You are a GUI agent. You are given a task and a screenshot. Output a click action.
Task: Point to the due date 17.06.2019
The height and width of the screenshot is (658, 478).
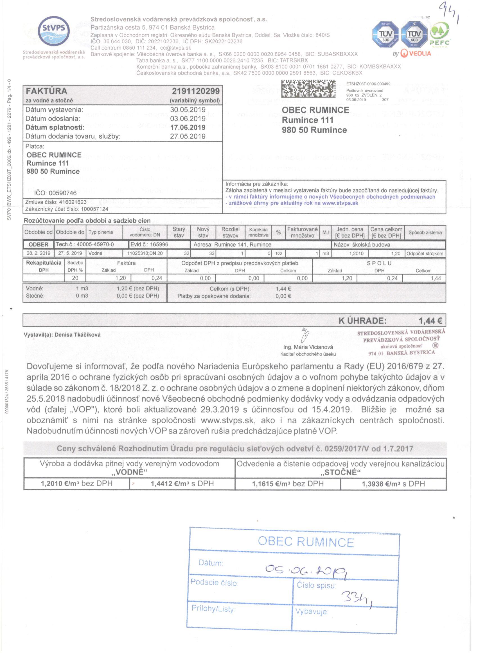pos(188,127)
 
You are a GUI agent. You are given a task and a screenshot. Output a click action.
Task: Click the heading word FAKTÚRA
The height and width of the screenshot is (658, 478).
pos(46,91)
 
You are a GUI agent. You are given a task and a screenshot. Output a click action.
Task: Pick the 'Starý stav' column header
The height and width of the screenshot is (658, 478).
pos(179,232)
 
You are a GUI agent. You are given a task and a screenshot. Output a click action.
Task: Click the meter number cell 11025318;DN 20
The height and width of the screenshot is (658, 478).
pos(145,253)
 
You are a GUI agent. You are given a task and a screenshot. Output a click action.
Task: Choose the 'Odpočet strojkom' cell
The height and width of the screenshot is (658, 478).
pos(425,253)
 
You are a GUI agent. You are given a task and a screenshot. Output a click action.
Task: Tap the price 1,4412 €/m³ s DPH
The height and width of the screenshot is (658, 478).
pos(182,483)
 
